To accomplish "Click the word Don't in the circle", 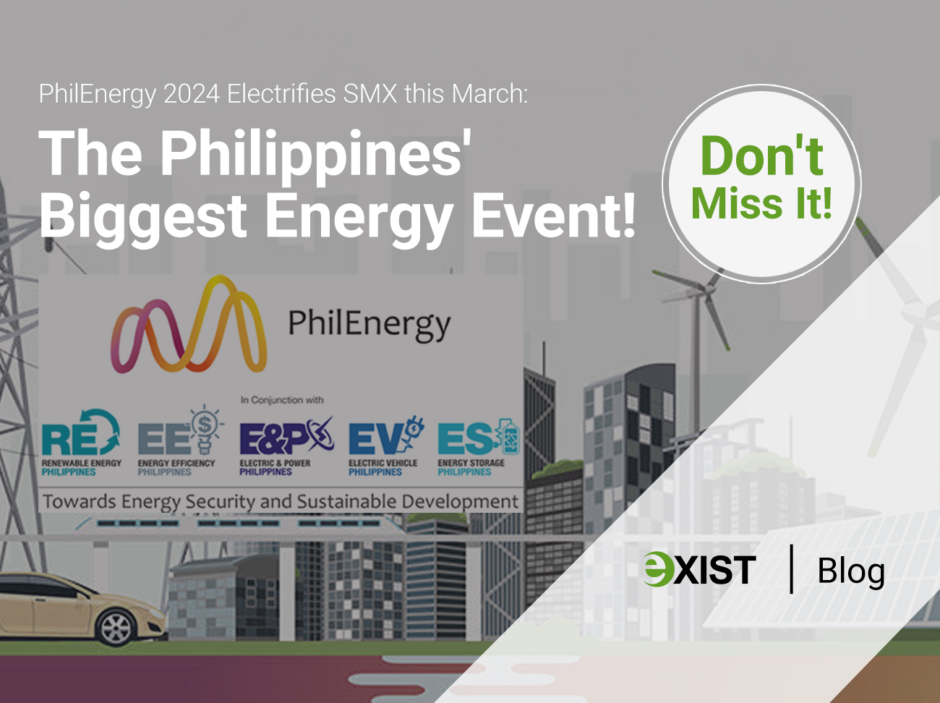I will click(x=761, y=155).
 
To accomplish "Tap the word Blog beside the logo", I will click(x=850, y=571).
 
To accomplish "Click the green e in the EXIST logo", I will click(x=658, y=568).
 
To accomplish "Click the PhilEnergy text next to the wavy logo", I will click(x=369, y=325).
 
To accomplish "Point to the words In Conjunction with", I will click(x=282, y=400).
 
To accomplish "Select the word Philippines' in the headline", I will click(x=315, y=154).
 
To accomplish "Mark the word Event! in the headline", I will click(x=553, y=216).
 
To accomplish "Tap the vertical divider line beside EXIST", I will click(x=791, y=569).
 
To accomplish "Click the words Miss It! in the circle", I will click(x=761, y=204).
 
